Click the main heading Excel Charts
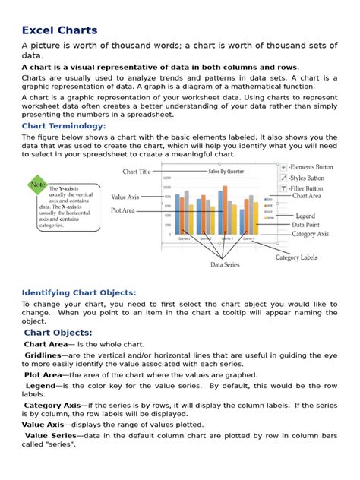coord(59,30)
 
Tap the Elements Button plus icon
coord(283,167)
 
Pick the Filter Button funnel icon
coord(283,188)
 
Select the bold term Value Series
coord(55,435)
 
